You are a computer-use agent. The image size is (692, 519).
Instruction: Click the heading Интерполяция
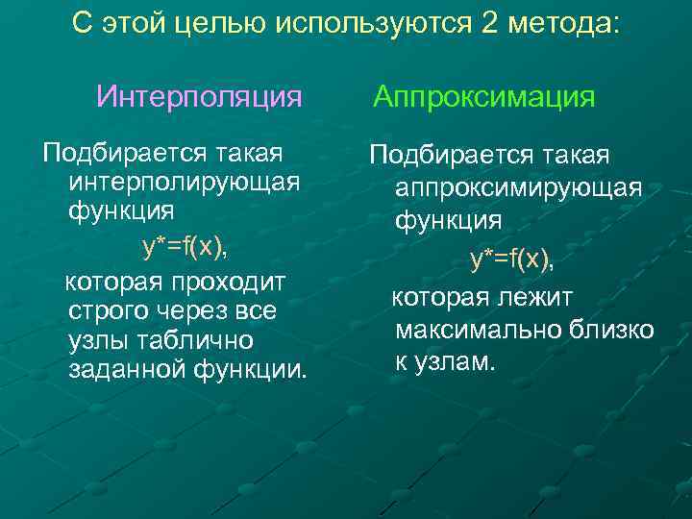(x=200, y=97)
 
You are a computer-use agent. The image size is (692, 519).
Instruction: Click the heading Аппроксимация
(x=484, y=97)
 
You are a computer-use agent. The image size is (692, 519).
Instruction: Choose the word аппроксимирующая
(x=518, y=187)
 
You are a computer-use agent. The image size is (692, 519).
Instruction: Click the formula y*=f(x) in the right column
(x=511, y=259)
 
